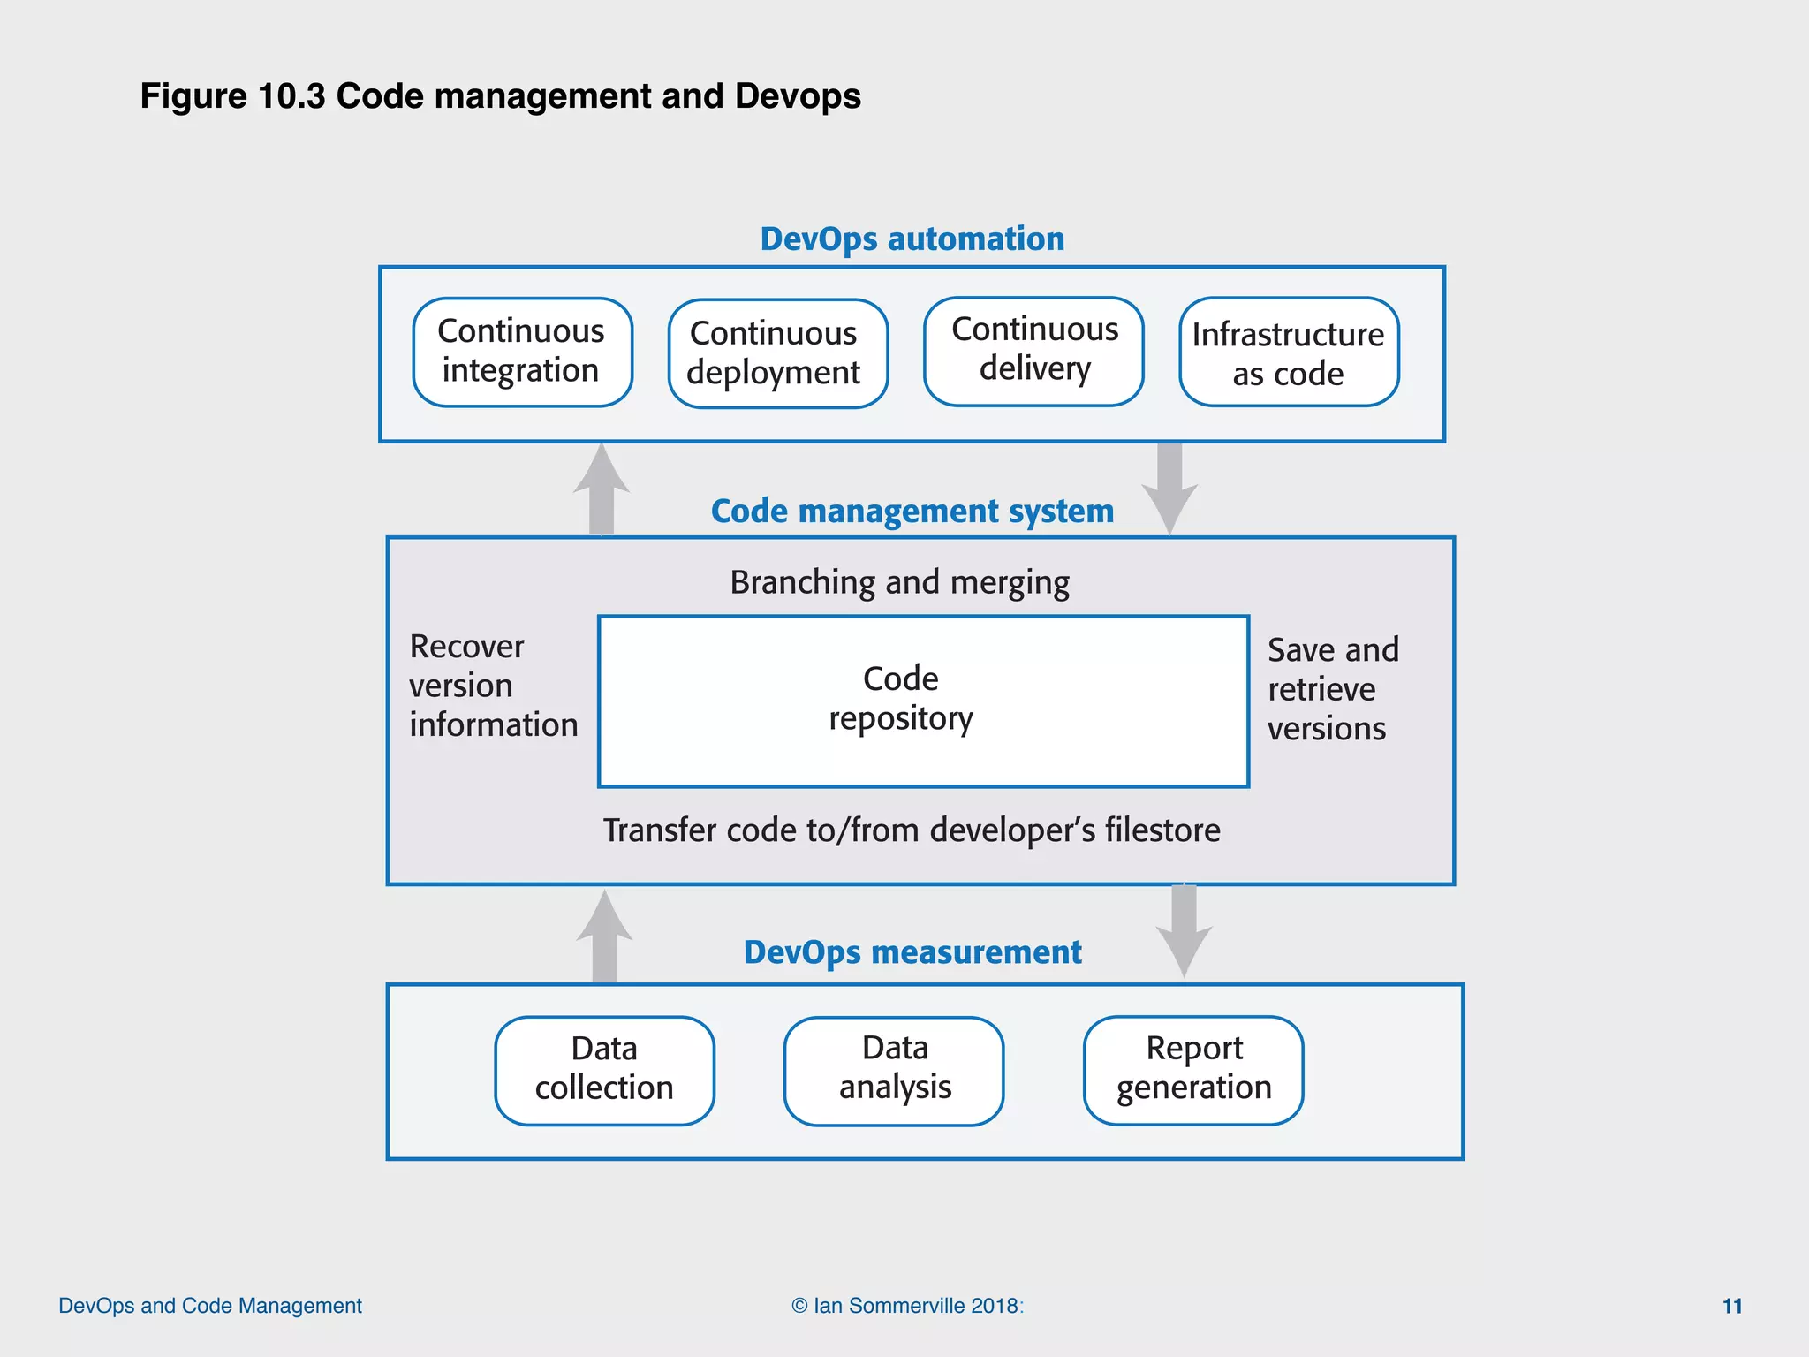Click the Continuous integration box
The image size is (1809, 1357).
coord(522,352)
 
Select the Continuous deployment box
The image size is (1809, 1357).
coord(777,353)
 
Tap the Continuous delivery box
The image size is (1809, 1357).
coord(1033,351)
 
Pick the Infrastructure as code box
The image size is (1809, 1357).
coord(1289,353)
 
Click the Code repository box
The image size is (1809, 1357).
coord(923,701)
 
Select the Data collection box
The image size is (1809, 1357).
coord(604,1070)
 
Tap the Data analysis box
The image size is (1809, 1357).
coord(894,1070)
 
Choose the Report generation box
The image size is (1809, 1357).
coord(1193,1070)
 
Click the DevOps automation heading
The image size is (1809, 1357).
coord(912,239)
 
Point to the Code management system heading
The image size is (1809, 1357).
coord(912,512)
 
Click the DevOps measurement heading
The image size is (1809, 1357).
coord(912,952)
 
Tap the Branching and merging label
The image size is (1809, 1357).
coord(899,583)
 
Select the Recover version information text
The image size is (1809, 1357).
coord(492,686)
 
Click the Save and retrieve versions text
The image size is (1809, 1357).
coord(1332,689)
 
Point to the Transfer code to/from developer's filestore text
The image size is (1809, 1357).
coord(911,830)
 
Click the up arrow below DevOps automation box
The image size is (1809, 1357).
coord(602,490)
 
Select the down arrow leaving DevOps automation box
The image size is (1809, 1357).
coord(1169,488)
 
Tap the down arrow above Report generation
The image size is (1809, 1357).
coord(1184,930)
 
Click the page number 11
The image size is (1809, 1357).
coord(1732,1306)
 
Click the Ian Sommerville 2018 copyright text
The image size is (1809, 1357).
coord(907,1306)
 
